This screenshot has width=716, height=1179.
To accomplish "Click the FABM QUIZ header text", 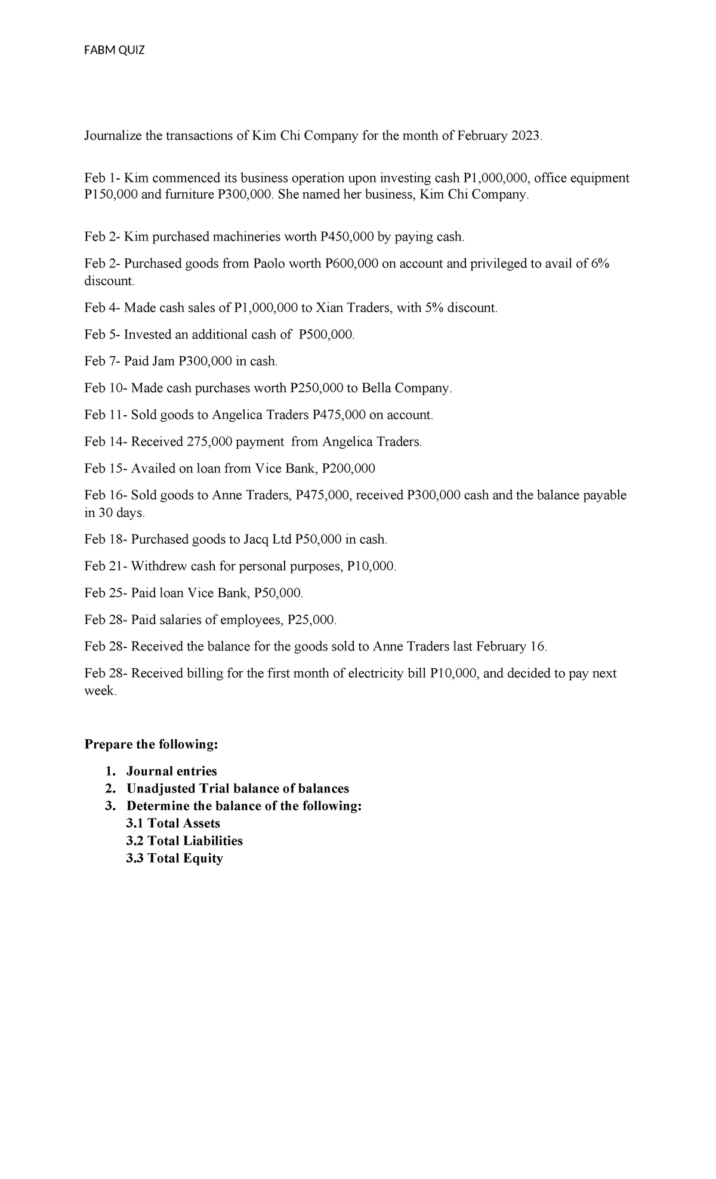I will [x=115, y=50].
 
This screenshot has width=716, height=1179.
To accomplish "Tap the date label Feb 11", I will [x=102, y=415].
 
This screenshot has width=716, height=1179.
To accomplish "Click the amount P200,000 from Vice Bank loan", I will [x=348, y=468].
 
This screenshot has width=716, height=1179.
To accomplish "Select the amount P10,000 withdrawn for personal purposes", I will [x=371, y=566].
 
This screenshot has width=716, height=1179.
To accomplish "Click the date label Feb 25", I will [x=103, y=593].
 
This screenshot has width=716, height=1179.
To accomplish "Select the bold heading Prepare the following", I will [x=152, y=745].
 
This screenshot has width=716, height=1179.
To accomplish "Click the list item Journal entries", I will [x=171, y=771].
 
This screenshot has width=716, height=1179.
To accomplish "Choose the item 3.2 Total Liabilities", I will [x=184, y=841].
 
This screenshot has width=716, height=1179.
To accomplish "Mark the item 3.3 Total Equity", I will [x=174, y=858].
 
